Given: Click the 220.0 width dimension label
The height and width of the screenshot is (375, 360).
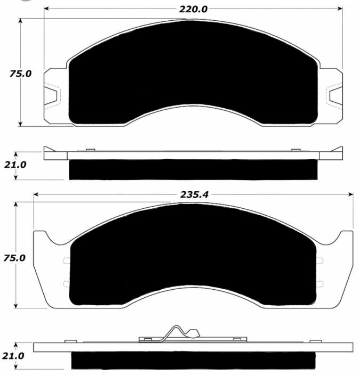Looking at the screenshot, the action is (193, 10).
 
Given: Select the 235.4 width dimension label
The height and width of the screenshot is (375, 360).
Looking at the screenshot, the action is (194, 194).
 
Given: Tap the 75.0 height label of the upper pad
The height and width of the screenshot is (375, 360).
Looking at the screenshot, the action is (20, 74).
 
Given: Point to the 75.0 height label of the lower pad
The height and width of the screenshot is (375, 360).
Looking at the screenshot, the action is (14, 258).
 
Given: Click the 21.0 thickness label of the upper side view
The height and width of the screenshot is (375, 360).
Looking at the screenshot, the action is (15, 165).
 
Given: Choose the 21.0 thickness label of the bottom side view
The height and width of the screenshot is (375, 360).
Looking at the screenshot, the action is (13, 356).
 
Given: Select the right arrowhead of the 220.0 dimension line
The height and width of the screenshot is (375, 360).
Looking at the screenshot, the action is (340, 9).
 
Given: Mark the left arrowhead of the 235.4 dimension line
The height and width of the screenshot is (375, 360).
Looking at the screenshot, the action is (36, 194).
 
